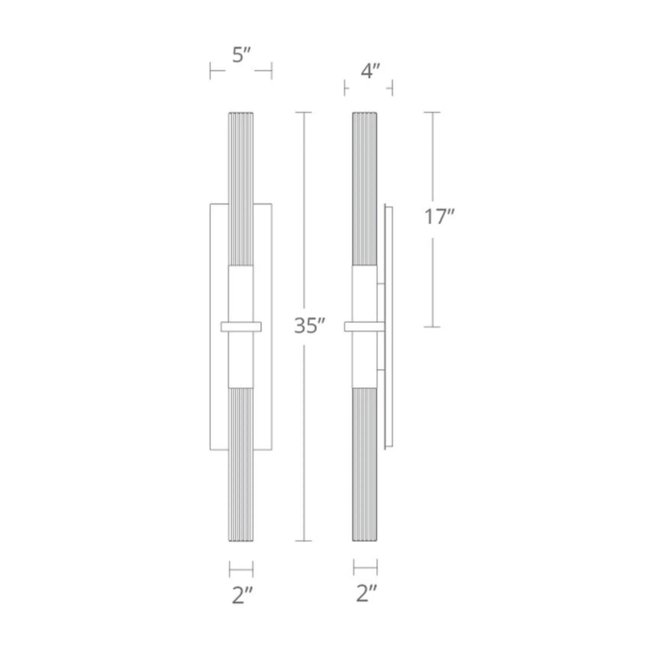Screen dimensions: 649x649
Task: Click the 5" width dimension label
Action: pos(241,55)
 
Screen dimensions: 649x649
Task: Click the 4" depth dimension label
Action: pos(370,71)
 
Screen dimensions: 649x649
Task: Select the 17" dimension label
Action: pos(439,217)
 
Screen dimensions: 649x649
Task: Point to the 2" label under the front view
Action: pos(242,595)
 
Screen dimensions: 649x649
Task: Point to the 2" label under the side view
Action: pos(366,594)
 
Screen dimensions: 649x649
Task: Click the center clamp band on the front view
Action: pos(241,326)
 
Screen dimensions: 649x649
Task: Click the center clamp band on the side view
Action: pos(364,326)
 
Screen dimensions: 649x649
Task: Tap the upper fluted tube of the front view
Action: pos(241,188)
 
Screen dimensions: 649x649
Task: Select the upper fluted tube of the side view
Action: pos(364,188)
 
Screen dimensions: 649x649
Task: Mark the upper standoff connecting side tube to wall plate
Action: pos(381,285)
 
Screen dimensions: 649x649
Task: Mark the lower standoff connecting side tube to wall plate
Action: pos(381,370)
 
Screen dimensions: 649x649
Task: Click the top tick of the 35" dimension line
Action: pos(303,113)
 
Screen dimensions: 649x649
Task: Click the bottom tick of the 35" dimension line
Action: pos(303,541)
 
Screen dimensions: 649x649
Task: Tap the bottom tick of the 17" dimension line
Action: pos(432,326)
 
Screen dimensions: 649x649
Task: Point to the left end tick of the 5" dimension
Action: pos(210,70)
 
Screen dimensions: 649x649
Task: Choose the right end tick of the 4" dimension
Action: pos(392,88)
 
